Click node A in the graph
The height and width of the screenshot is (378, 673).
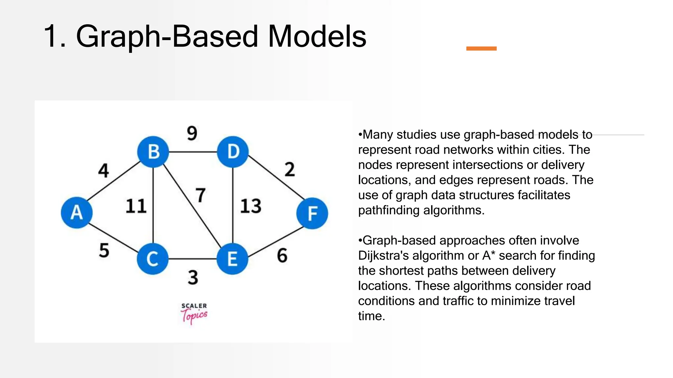pyautogui.click(x=77, y=212)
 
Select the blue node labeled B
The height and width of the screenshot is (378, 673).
pyautogui.click(x=153, y=152)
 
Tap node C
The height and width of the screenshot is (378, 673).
pyautogui.click(x=152, y=259)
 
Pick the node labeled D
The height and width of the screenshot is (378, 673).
pyautogui.click(x=233, y=152)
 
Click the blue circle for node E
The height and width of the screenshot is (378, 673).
pyautogui.click(x=232, y=259)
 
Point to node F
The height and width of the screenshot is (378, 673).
pyautogui.click(x=312, y=213)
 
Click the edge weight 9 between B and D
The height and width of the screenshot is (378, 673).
pyautogui.click(x=192, y=133)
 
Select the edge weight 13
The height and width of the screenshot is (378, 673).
pyautogui.click(x=251, y=206)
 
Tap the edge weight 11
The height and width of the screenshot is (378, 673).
pyautogui.click(x=136, y=206)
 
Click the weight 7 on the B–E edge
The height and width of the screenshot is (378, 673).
pyautogui.click(x=200, y=195)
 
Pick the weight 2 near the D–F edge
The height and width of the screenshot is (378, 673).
pyautogui.click(x=290, y=170)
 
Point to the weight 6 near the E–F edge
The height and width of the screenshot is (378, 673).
pyautogui.click(x=282, y=256)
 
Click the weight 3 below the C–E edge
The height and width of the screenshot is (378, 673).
pyautogui.click(x=193, y=278)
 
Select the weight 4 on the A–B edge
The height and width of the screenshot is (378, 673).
pyautogui.click(x=104, y=171)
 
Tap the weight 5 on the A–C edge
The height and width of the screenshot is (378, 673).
pyautogui.click(x=104, y=250)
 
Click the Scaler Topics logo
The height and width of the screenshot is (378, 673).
pyautogui.click(x=194, y=313)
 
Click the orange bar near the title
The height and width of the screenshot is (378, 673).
pyautogui.click(x=481, y=49)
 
